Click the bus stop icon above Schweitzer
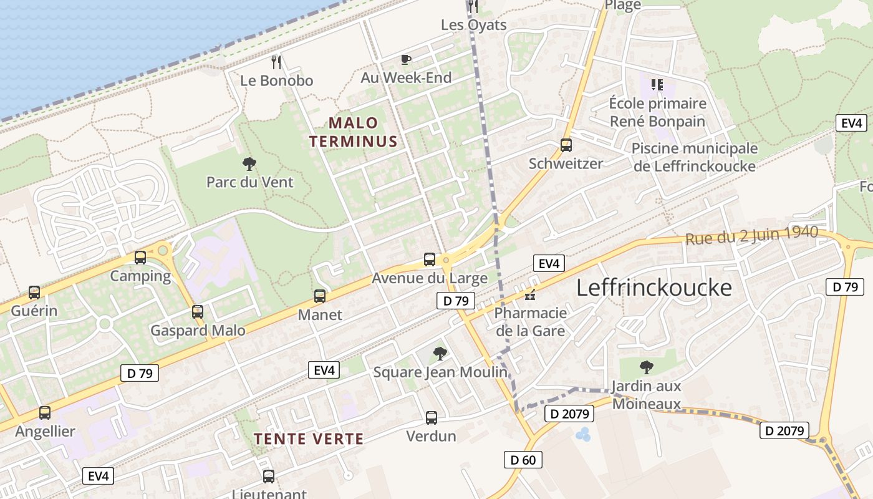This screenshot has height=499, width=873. tap(566, 145)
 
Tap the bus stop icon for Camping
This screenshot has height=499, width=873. tap(140, 257)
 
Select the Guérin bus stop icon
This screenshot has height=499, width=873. tap(34, 292)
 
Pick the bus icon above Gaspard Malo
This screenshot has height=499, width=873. tap(198, 312)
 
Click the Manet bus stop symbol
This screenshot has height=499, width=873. tap(320, 296)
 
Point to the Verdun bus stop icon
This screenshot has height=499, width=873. tap(432, 418)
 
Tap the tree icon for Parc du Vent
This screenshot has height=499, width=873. tap(249, 164)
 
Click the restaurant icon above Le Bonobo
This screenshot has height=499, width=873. tap(277, 62)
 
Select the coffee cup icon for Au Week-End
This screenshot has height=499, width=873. tap(406, 59)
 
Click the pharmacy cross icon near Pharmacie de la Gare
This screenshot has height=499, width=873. tap(530, 294)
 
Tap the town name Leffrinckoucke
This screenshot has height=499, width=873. tap(654, 288)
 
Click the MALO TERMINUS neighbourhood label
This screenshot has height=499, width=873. tap(354, 132)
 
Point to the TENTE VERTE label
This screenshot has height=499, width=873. tap(309, 438)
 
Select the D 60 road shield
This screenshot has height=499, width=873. tap(523, 460)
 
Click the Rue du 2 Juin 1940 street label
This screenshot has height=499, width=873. tap(751, 235)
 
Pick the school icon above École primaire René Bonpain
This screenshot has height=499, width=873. tap(657, 84)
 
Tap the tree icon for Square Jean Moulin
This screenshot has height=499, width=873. tap(440, 354)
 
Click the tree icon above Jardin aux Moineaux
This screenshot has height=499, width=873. tap(647, 367)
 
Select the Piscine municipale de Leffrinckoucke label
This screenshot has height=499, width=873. tap(695, 157)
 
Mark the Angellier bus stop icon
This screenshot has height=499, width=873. tap(45, 413)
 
